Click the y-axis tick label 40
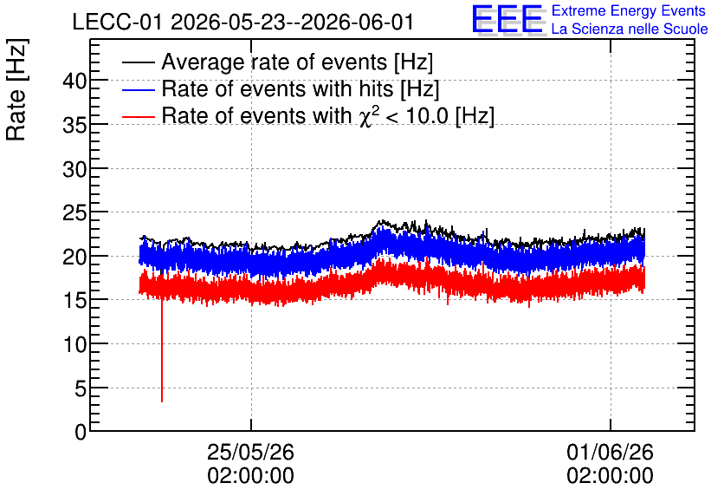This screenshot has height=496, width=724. click(74, 82)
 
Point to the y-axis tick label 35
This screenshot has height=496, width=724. click(74, 126)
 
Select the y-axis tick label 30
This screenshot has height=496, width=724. click(74, 170)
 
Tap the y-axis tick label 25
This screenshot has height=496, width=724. click(74, 213)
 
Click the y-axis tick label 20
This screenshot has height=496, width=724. click(74, 258)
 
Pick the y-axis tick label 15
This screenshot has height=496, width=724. click(74, 302)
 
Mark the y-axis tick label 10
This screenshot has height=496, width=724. click(74, 345)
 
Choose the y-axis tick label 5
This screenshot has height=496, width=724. click(81, 389)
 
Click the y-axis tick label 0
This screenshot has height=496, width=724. click(81, 433)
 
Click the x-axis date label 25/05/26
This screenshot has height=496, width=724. click(250, 452)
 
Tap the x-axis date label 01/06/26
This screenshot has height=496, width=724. click(610, 452)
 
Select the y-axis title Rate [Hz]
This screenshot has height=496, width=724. click(16, 89)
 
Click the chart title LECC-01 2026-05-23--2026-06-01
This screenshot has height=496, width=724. click(242, 23)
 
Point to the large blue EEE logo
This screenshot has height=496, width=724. click(507, 20)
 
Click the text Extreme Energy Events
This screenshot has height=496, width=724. click(629, 10)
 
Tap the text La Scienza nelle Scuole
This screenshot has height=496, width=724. click(630, 29)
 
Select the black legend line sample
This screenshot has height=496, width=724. click(138, 62)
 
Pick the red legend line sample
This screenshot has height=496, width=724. click(138, 116)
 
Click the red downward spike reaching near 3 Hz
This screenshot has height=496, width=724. click(162, 351)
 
